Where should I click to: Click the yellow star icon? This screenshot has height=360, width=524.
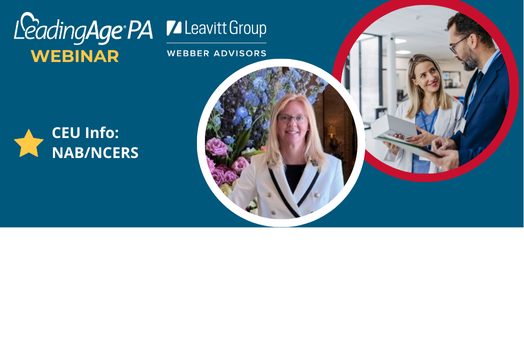coord(29,143)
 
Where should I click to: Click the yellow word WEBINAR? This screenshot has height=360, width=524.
coord(75,56)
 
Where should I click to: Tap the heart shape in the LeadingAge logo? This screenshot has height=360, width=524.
coord(28,20)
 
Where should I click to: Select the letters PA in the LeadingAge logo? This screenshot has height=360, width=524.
coord(140,30)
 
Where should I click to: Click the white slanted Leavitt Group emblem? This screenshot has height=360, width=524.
coord(174,28)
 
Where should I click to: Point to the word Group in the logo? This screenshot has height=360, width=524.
coord(248,29)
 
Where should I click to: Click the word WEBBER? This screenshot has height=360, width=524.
coord(188,53)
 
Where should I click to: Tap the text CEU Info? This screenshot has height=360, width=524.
coord(85,133)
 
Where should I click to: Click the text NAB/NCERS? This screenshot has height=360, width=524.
coord(95,153)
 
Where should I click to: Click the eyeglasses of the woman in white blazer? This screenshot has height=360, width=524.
coord(292,118)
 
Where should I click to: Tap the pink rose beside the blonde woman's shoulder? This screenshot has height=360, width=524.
coord(217,147)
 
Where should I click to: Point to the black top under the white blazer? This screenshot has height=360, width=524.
coord(294,177)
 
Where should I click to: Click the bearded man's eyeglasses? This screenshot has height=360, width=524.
coord(458,44)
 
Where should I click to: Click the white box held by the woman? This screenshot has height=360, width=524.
coord(393,126)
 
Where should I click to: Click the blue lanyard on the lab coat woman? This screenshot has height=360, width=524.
coord(428,122)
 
